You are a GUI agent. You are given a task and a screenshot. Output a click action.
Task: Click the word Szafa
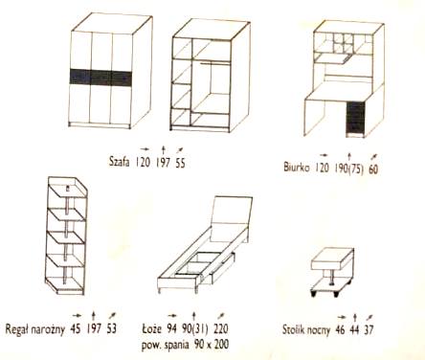[x=119, y=162]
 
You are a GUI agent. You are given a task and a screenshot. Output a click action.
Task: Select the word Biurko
[x=297, y=167]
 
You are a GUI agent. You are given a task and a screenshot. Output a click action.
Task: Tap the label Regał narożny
[x=34, y=328]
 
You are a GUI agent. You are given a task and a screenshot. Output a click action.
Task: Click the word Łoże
[x=152, y=328]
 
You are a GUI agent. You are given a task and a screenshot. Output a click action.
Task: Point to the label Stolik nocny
[x=306, y=329]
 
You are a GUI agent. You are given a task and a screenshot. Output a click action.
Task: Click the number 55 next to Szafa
[x=180, y=163]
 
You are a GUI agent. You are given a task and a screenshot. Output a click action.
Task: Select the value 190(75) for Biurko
[x=348, y=169]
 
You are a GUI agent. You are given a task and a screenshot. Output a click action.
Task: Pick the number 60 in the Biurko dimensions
[x=373, y=169]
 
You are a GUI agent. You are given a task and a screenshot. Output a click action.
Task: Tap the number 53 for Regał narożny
[x=111, y=328]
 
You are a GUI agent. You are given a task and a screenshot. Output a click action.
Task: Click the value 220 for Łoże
[x=221, y=328]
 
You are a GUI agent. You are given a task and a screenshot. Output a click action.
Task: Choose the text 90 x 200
[x=211, y=344]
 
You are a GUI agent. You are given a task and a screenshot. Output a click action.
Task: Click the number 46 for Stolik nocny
[x=340, y=329]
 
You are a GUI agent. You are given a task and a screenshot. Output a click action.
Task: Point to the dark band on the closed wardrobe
[x=101, y=78]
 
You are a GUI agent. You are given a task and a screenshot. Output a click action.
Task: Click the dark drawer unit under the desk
[x=355, y=118]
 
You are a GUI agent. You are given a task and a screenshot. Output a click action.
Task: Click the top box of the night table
[x=332, y=259]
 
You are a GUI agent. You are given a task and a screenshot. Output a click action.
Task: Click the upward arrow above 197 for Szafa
[x=163, y=149]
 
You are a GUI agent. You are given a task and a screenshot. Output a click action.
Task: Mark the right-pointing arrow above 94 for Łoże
[x=172, y=316]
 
